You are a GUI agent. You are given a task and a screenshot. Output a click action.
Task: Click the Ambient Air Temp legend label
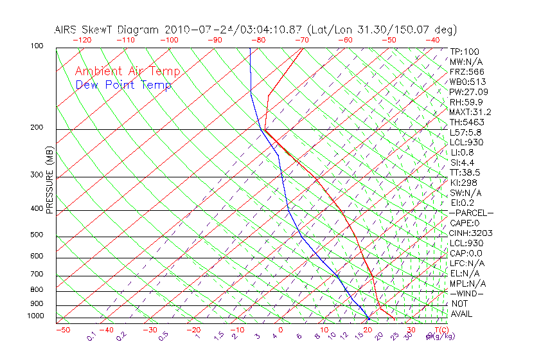(x=127, y=71)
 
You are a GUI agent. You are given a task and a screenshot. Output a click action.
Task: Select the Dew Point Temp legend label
(x=123, y=85)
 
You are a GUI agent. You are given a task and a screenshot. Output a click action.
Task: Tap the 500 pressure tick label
(x=37, y=235)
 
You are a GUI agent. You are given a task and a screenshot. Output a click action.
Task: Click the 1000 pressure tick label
(x=35, y=316)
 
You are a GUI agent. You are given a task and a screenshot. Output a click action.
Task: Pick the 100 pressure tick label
(x=37, y=46)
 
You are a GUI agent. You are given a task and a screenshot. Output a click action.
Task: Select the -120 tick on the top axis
(x=81, y=39)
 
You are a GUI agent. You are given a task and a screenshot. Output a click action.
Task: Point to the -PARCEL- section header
(x=472, y=213)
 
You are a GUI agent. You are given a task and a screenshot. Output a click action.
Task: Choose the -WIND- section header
(x=468, y=293)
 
